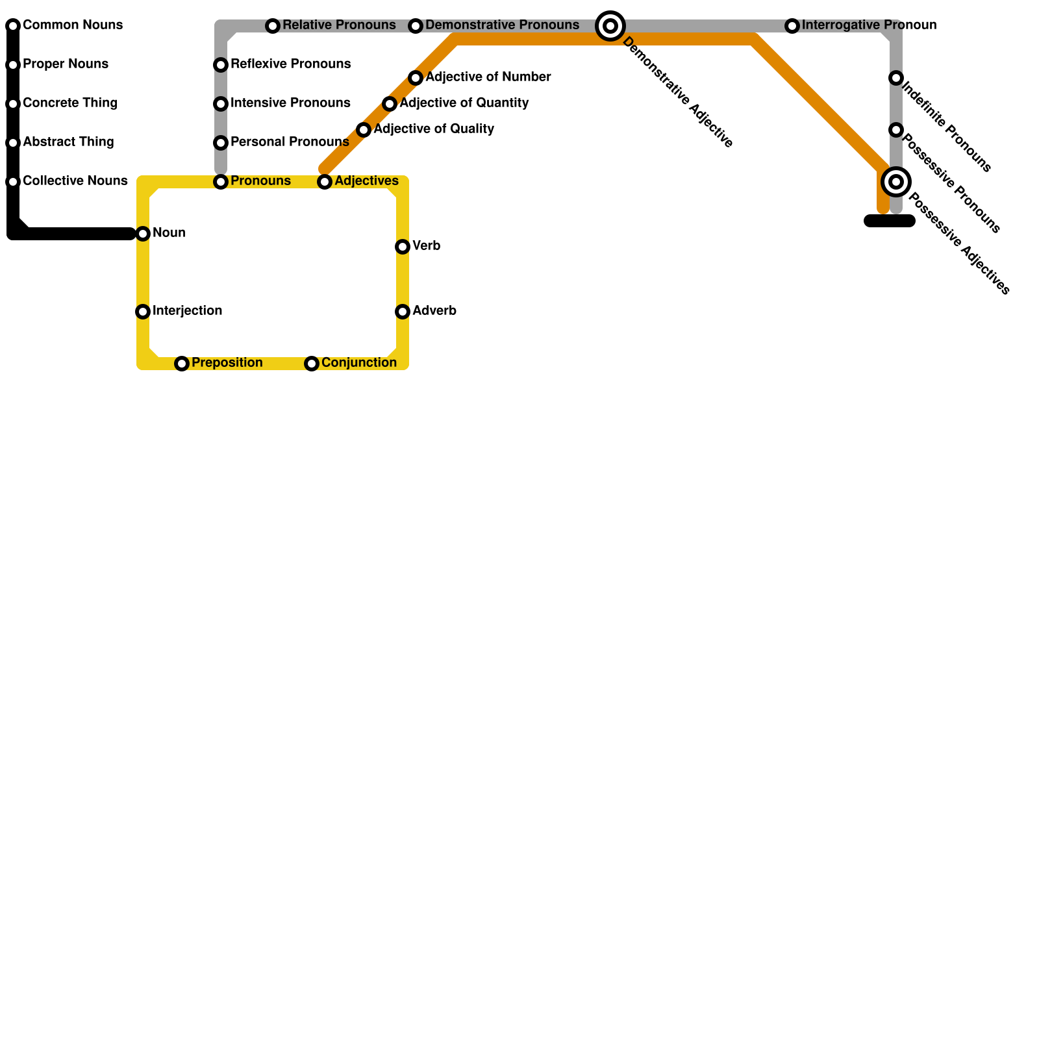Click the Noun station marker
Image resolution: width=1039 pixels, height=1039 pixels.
143,234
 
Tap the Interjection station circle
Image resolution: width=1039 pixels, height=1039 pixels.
143,312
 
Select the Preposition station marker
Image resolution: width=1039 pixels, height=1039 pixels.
182,364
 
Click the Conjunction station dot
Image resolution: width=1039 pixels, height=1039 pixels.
312,364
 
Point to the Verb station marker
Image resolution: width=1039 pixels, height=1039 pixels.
403,247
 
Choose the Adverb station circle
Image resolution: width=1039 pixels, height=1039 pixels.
403,312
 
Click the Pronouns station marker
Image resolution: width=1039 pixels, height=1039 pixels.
221,182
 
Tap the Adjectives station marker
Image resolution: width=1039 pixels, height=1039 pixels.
325,182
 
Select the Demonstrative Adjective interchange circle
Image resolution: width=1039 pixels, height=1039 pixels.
610,26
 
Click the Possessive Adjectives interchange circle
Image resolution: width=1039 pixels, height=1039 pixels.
896,182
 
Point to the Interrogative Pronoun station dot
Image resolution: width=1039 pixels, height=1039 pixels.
792,26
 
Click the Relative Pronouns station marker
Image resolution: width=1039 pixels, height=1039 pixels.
273,26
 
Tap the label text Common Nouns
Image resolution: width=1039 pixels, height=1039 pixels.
73,25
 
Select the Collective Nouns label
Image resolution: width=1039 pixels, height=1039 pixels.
75,181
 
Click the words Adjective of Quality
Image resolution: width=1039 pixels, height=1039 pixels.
434,129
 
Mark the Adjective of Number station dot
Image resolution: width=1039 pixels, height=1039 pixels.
416,78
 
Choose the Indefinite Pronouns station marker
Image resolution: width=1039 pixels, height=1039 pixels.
896,78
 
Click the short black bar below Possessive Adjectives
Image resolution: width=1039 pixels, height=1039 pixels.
890,221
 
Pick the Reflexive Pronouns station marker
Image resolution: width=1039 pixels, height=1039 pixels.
221,65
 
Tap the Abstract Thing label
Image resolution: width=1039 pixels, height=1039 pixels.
68,142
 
